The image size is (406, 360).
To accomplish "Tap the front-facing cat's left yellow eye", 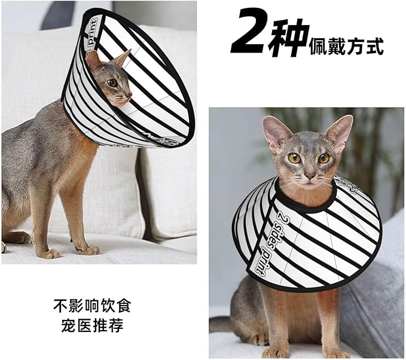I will pos(294,158).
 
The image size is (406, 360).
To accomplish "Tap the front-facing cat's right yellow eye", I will pos(323,158).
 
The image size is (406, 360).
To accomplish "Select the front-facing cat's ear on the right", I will pos(339,132).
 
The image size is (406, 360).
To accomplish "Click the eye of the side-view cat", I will pos(112,83).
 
